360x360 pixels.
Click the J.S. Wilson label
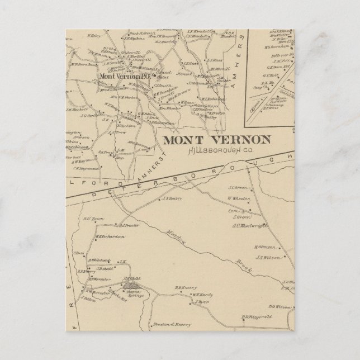(x=267, y=258)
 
